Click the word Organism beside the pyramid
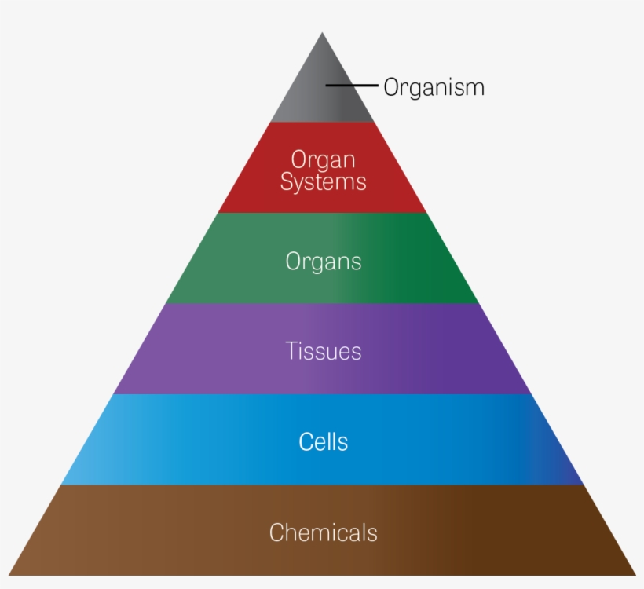coord(434,87)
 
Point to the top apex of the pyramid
coord(322,33)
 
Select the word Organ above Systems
coord(323,160)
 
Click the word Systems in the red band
coord(323,182)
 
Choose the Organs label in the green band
coord(323,262)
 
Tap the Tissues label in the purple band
coord(323,351)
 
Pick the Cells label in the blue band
coord(323,441)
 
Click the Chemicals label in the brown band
coord(323,532)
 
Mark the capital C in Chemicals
coord(276,532)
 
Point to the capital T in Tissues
coord(291,351)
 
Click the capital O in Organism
coord(391,86)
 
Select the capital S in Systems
coord(287,182)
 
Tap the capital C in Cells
coord(306,441)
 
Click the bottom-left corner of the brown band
coord(9,575)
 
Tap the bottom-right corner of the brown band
coord(635,575)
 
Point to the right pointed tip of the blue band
coord(583,483)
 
